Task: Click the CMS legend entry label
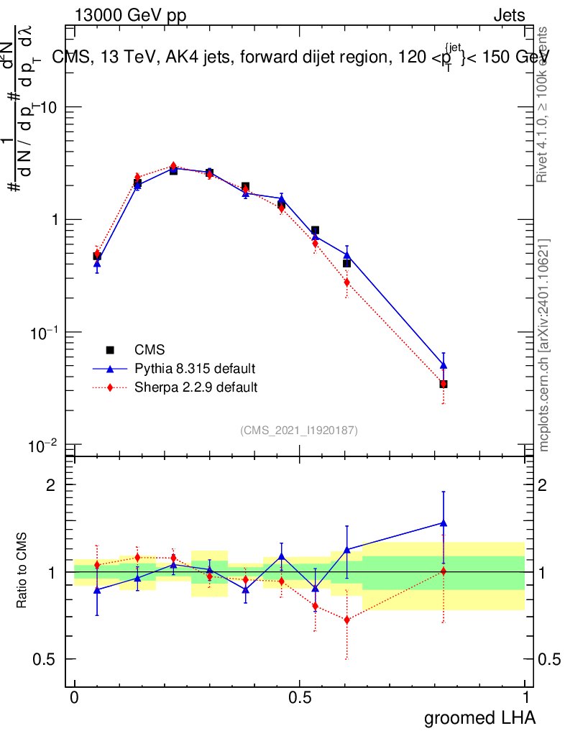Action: (150, 350)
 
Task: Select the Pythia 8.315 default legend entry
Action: (194, 369)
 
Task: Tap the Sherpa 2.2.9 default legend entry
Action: (196, 387)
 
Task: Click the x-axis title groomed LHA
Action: (480, 717)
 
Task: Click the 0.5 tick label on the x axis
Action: (300, 698)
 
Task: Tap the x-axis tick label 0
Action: (75, 698)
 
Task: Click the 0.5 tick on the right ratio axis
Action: (549, 659)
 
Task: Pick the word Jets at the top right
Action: (509, 16)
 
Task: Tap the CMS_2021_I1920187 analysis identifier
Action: (299, 430)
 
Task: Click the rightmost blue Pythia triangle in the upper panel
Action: (444, 366)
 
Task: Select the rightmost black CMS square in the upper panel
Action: (444, 385)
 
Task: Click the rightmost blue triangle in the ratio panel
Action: (444, 523)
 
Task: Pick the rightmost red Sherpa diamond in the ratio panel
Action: (444, 571)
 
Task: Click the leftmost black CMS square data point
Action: (97, 256)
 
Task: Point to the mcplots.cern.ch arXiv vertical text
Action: (544, 345)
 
